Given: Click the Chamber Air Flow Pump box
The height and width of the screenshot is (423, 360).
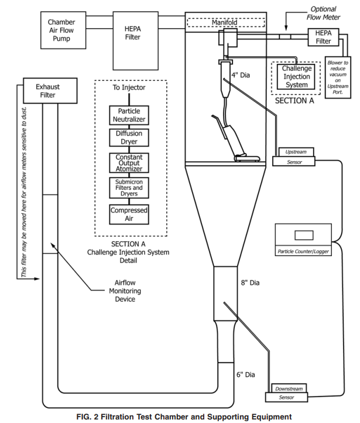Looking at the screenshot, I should pyautogui.click(x=61, y=30).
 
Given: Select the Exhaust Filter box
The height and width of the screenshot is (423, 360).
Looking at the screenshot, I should pyautogui.click(x=43, y=91).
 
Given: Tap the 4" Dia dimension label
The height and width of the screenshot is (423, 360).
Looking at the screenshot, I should pyautogui.click(x=242, y=76).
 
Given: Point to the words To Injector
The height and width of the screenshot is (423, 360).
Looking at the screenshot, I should pyautogui.click(x=129, y=88).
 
